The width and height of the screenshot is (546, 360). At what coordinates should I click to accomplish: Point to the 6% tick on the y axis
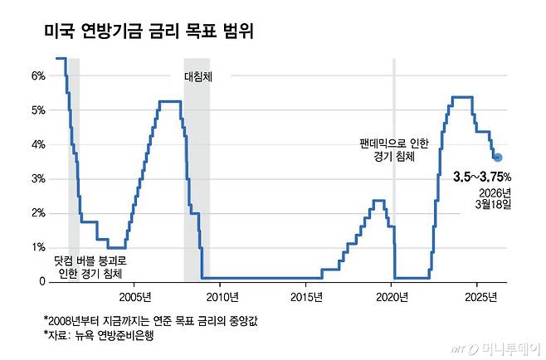point(38,75)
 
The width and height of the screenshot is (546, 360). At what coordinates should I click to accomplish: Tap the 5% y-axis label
point(38,109)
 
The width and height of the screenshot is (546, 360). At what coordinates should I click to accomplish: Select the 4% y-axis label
point(38,144)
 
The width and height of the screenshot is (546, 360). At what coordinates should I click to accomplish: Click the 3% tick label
point(38,178)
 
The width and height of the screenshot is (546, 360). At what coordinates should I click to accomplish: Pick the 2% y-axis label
point(38,213)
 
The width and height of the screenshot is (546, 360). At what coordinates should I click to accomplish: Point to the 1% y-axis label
point(38,247)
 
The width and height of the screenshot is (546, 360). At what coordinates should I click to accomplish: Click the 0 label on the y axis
point(41,282)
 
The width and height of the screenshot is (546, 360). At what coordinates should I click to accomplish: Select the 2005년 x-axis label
point(135,296)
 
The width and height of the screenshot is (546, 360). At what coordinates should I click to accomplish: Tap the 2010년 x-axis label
point(222,296)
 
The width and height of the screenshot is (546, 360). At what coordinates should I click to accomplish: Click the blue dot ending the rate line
point(497,158)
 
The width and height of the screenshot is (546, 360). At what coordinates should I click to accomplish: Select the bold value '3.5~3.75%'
point(481,176)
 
